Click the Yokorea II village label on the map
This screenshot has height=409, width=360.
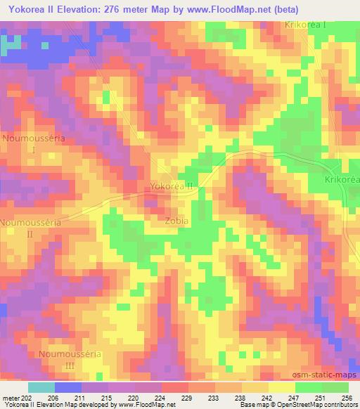click(172, 187)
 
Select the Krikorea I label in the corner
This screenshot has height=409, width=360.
click(307, 25)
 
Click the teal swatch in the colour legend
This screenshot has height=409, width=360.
click(41, 387)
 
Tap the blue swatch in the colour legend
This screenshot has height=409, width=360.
click(68, 387)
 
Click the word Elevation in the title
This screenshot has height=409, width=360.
click(82, 10)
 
